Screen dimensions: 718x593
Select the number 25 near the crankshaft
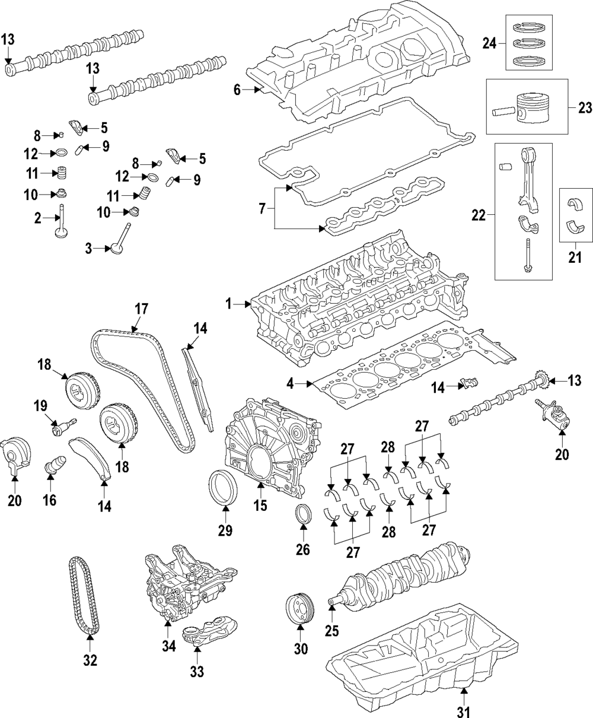point(331,631)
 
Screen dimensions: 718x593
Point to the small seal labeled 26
point(303,514)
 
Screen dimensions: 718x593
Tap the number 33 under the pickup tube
point(197,671)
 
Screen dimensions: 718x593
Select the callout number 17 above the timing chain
point(141,309)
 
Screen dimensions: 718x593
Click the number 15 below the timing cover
point(260,506)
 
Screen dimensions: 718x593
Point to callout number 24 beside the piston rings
point(489,43)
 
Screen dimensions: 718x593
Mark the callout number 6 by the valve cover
point(237,90)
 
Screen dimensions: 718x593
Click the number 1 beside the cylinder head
point(228,304)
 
